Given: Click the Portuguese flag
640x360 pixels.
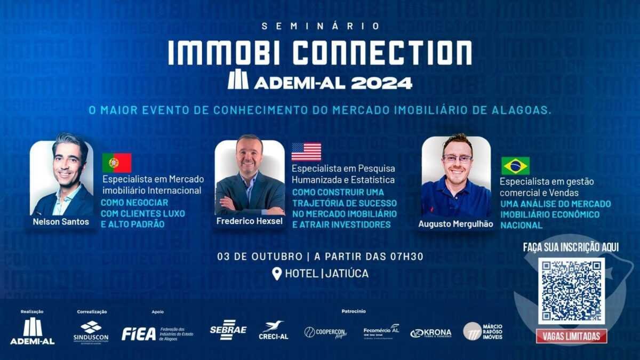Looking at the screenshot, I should click(117, 163).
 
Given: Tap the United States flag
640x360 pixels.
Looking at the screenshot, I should click(306, 151).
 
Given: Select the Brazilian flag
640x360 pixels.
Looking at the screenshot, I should click(515, 166).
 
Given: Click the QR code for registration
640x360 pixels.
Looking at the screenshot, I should click(571, 291).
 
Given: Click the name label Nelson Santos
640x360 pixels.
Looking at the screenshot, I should click(61, 221).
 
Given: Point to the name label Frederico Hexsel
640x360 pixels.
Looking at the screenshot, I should click(249, 221).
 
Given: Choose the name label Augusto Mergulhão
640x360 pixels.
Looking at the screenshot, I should click(455, 224).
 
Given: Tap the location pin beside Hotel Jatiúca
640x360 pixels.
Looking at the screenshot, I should click(277, 274).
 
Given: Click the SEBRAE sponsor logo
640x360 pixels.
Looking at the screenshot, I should click(228, 330).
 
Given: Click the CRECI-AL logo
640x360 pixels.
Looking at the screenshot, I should click(273, 331).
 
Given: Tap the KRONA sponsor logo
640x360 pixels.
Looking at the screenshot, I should click(431, 333).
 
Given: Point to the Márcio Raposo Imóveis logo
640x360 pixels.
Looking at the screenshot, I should click(483, 331).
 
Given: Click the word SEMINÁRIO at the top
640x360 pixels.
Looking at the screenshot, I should click(321, 26).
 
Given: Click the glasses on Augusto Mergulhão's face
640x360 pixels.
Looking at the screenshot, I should click(457, 158).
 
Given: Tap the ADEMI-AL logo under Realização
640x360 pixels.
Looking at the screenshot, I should click(33, 331).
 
